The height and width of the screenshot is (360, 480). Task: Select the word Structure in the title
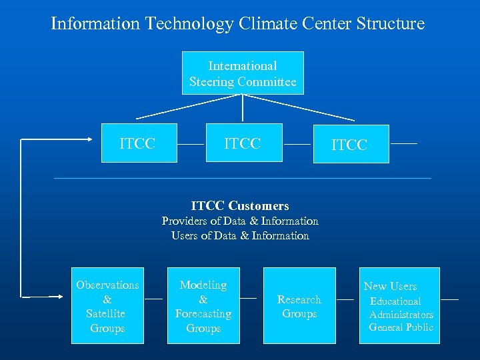(x=391, y=24)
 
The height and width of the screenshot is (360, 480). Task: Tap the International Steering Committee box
(x=243, y=73)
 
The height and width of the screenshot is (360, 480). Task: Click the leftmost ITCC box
(x=139, y=143)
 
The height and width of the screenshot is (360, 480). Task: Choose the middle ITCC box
(x=243, y=143)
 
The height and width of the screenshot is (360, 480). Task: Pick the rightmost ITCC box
(x=351, y=144)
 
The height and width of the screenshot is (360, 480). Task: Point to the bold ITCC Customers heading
(x=240, y=206)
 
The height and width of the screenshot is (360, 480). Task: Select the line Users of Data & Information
(x=240, y=235)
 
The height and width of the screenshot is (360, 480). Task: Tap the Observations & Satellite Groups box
(x=107, y=306)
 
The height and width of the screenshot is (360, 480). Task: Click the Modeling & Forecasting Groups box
(x=203, y=306)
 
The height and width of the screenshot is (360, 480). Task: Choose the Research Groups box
(x=299, y=306)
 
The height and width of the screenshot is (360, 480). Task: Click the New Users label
(x=390, y=286)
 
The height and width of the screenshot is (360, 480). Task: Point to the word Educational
(x=395, y=301)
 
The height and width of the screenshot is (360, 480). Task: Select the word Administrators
(x=401, y=314)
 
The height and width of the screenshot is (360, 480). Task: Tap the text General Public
(x=401, y=327)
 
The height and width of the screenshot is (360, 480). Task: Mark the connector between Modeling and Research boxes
(x=248, y=298)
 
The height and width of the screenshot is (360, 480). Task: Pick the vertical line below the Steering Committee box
(x=243, y=108)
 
